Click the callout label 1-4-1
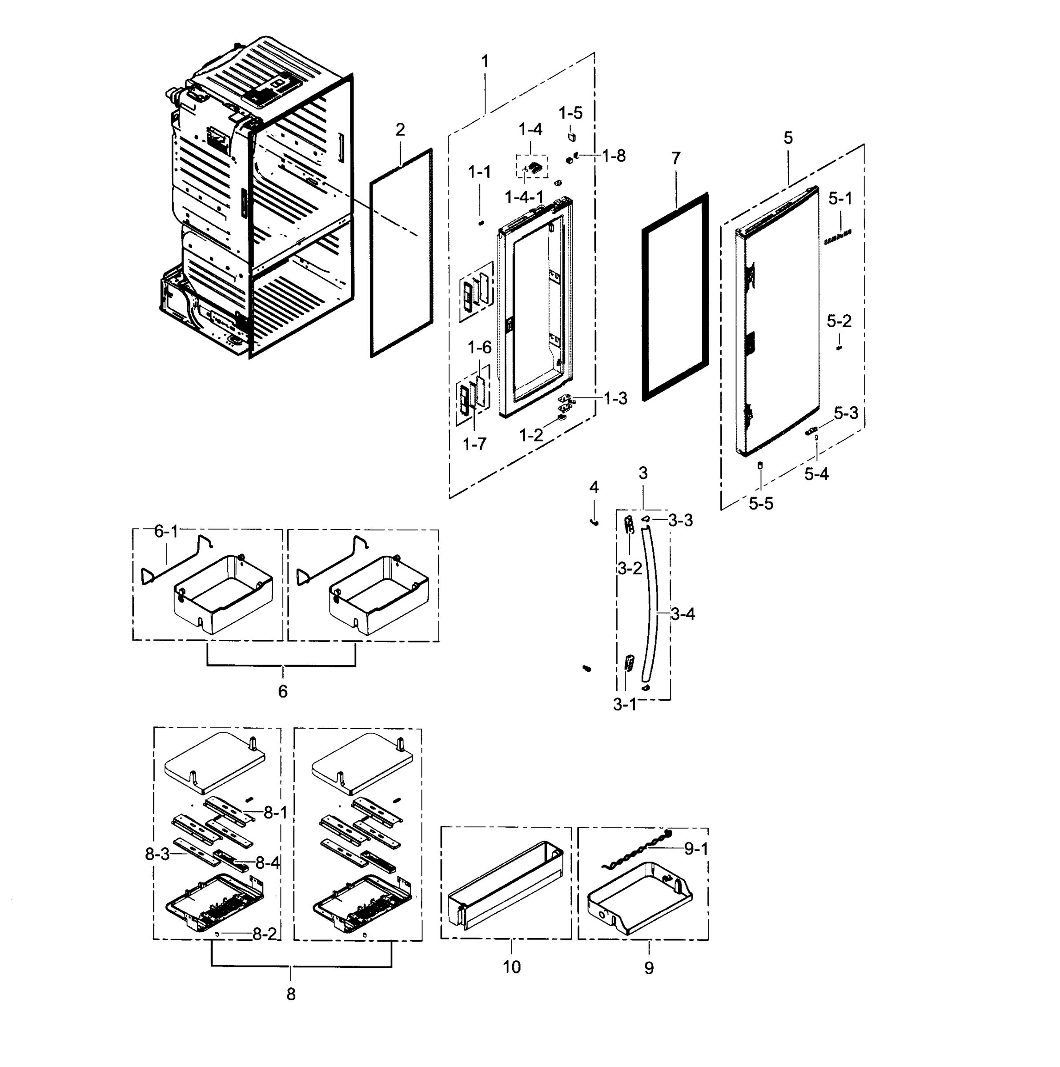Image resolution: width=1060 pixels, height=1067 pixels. [x=524, y=197]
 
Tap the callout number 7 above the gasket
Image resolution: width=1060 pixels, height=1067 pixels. [x=676, y=159]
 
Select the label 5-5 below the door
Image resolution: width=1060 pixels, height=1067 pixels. [x=761, y=503]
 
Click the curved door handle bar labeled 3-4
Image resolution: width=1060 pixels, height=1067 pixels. [x=655, y=607]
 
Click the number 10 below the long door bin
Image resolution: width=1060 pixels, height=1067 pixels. [x=511, y=967]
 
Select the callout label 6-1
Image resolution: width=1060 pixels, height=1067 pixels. [x=166, y=531]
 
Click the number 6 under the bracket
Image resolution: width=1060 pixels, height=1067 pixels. [x=283, y=691]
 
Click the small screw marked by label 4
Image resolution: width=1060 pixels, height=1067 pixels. [x=595, y=521]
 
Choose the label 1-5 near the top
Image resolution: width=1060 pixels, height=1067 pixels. [x=570, y=113]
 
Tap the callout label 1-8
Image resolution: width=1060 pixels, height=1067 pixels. [x=614, y=156]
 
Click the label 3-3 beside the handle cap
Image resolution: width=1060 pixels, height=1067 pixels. [x=681, y=520]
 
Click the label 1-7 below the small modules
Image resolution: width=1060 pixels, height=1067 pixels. [x=474, y=444]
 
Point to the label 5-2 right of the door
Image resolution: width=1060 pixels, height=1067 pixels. [x=839, y=321]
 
